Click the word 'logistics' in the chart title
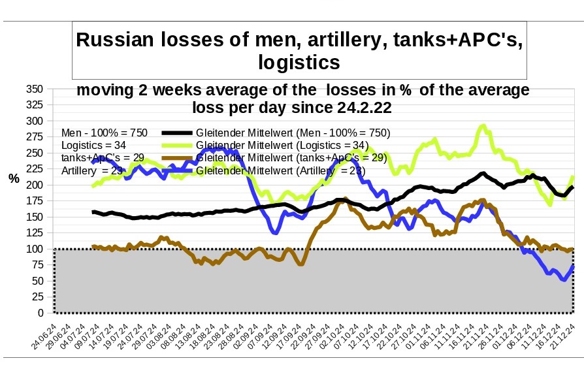[x=299, y=62]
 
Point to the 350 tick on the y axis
[x=35, y=89]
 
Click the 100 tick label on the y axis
[x=35, y=249]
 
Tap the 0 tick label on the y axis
[x=41, y=313]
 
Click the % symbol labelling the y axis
[x=14, y=178]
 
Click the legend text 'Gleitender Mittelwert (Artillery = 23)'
[x=281, y=170]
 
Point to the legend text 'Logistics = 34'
[x=93, y=145]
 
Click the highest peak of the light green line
[x=483, y=125]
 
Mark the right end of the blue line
[x=573, y=266]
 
